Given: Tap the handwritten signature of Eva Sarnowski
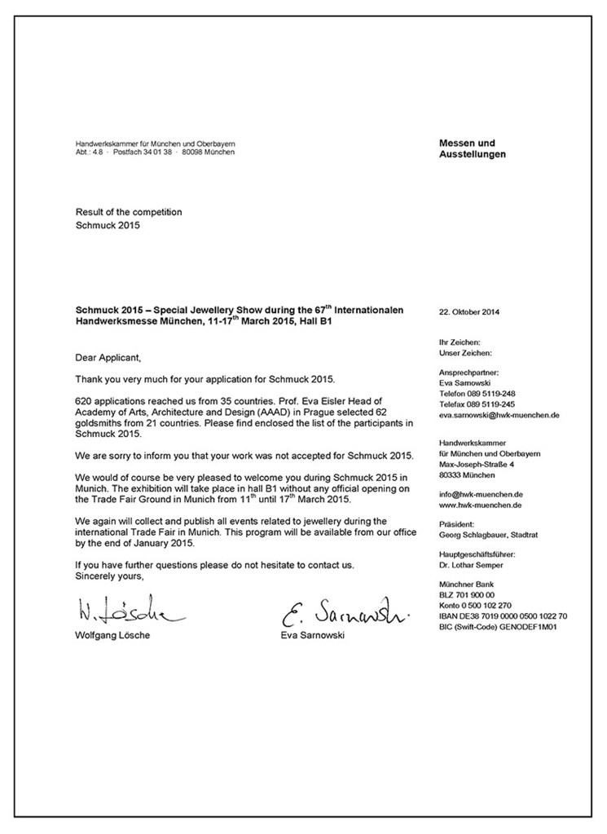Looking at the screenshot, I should click(343, 611).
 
